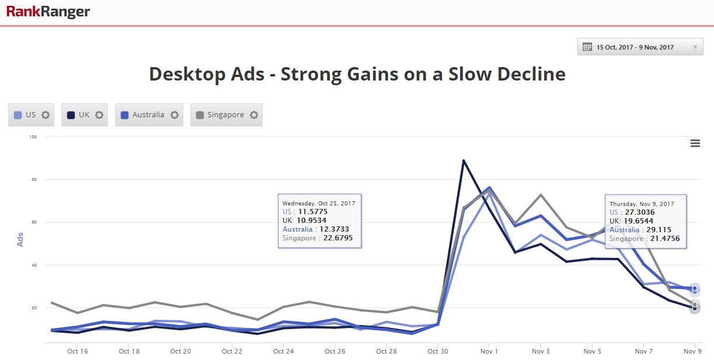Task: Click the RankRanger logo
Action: pos(48,12)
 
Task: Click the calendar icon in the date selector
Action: pos(587,47)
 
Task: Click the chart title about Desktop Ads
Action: pos(357,74)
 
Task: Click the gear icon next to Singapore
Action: pos(253,115)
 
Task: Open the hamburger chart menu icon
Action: pos(695,144)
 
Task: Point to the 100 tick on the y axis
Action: pos(33,137)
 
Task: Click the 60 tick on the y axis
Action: pos(33,222)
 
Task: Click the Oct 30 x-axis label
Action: pos(437,351)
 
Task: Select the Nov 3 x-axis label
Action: pos(541,351)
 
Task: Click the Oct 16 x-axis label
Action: pos(78,351)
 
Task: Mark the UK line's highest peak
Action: pos(464,160)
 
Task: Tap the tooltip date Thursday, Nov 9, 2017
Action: pos(642,204)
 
